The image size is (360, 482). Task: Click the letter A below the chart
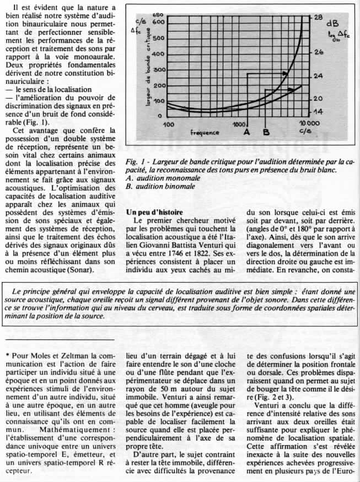pyautogui.click(x=246, y=132)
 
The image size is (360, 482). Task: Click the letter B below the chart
pyautogui.click(x=266, y=132)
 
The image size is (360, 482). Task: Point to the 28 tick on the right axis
pyautogui.click(x=319, y=17)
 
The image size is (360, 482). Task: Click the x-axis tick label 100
pyautogui.click(x=169, y=124)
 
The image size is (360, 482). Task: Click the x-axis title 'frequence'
pyautogui.click(x=205, y=133)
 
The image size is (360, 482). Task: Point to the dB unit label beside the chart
pyautogui.click(x=332, y=24)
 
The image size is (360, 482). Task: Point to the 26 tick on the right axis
pyautogui.click(x=319, y=52)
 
